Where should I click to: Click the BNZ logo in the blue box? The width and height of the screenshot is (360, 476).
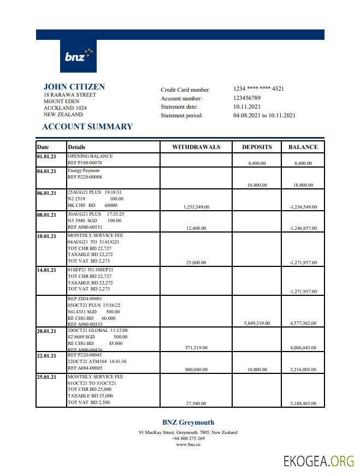78,56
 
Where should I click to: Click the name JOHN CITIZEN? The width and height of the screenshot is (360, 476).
74,87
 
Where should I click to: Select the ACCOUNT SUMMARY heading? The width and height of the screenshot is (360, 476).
87,127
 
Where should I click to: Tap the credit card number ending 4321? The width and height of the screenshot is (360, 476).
258,89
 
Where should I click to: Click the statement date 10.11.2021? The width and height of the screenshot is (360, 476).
247,106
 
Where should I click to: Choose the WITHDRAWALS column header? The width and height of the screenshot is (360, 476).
196,147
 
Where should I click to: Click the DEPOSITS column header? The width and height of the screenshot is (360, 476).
257,147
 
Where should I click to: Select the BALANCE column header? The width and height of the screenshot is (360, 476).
303,147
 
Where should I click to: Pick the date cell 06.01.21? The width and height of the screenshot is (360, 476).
46,193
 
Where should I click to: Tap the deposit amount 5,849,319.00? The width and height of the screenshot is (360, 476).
257,324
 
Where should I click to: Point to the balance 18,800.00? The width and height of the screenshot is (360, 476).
303,185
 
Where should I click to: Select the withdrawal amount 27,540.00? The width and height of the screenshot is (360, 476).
196,403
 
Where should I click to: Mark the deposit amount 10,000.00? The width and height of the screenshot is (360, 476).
257,370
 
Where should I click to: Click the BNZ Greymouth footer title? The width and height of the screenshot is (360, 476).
188,422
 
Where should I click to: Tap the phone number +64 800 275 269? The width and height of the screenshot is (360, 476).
188,438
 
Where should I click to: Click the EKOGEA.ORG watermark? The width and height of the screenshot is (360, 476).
318,461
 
